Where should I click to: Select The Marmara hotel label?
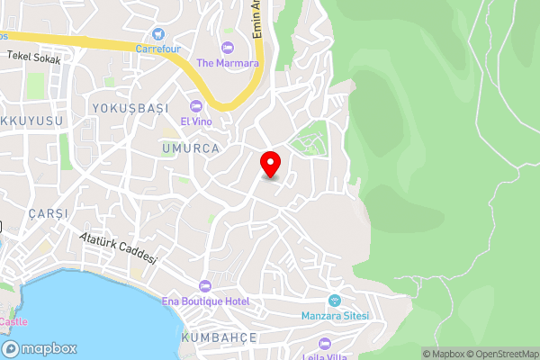coord(228,63)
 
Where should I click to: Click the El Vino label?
coord(195,121)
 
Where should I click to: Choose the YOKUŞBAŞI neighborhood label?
coord(130,108)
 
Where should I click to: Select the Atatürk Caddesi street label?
coord(118,247)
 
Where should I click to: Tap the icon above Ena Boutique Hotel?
coord(206,286)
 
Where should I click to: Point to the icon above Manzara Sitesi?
coord(334,301)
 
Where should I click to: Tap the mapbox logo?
coord(40,348)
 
